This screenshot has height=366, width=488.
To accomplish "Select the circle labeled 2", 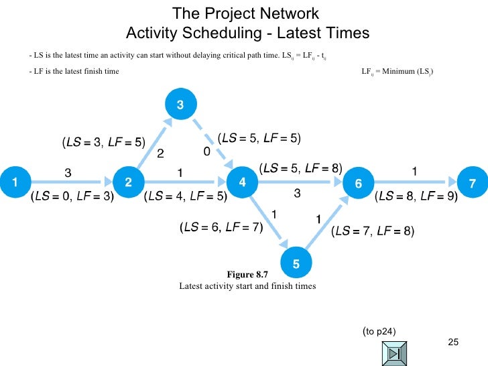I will pos(128,181).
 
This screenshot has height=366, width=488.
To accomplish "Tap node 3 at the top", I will pos(180,105).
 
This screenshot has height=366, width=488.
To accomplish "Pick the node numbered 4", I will pos(242,182).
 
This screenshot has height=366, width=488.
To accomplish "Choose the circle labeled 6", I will pos(358,183).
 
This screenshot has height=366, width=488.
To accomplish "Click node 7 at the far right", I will pos(471,183).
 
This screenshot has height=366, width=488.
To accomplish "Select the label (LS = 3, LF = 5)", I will pos(103,142).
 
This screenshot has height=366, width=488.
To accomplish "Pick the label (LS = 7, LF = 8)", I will pos(373,232).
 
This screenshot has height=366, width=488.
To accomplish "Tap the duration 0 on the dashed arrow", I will pos(206,153).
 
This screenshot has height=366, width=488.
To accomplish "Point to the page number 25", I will pos(452,343).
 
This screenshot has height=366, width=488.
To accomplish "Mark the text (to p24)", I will pos(379,330).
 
